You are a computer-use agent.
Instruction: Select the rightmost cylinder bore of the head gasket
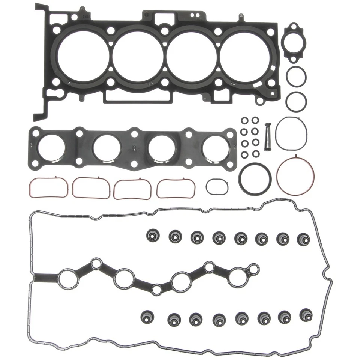245,55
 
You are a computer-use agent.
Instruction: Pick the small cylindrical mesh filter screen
268,137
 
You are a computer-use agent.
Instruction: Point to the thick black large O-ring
256,178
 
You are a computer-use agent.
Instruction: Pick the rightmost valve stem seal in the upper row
304,239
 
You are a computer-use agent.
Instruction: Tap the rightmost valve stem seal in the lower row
306,314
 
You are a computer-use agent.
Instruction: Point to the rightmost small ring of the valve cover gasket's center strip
254,269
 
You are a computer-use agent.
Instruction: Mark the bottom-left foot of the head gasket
39,117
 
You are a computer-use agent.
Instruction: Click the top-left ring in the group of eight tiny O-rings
244,120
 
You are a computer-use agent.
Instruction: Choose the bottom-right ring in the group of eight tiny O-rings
256,154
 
